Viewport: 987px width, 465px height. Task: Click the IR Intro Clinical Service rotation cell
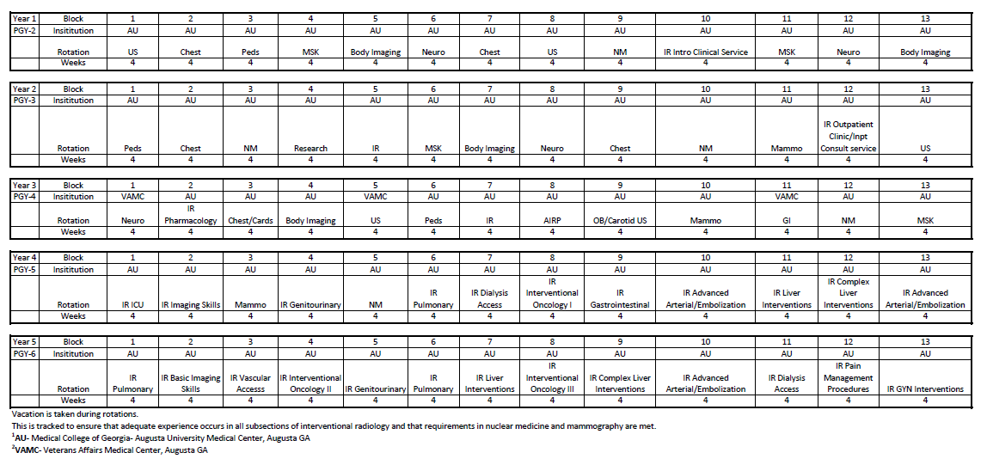pyautogui.click(x=705, y=52)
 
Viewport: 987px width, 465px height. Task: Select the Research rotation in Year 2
pyautogui.click(x=310, y=148)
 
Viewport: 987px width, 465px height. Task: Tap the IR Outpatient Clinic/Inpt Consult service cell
pyautogui.click(x=848, y=136)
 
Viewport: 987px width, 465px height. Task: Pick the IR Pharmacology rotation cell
pyautogui.click(x=191, y=214)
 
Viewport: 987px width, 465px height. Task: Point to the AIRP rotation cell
pyautogui.click(x=552, y=220)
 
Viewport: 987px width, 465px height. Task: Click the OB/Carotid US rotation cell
pyautogui.click(x=619, y=220)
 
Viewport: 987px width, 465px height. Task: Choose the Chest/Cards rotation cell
pyautogui.click(x=250, y=220)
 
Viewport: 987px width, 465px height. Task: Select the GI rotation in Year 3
pyautogui.click(x=786, y=220)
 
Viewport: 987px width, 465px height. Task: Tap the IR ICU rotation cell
pyautogui.click(x=132, y=304)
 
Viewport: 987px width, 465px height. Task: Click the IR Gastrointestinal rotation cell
pyautogui.click(x=619, y=298)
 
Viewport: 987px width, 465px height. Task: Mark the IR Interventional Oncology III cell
pyautogui.click(x=552, y=377)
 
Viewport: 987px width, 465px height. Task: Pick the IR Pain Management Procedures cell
pyautogui.click(x=848, y=377)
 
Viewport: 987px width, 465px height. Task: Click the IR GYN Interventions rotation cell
pyautogui.click(x=925, y=389)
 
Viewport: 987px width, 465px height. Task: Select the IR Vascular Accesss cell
pyautogui.click(x=250, y=382)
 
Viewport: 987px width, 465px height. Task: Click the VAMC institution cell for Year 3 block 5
pyautogui.click(x=375, y=196)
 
